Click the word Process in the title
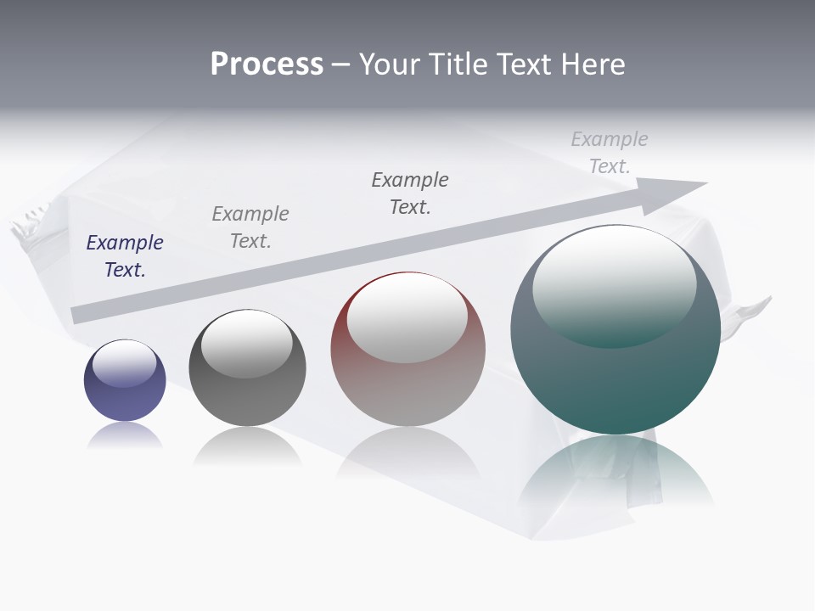click(x=267, y=64)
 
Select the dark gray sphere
click(x=247, y=399)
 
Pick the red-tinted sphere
click(x=407, y=390)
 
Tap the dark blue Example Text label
click(x=125, y=256)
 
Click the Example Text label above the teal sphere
click(x=610, y=153)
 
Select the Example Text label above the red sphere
click(x=410, y=193)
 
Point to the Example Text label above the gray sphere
click(x=250, y=227)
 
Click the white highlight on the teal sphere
click(x=614, y=284)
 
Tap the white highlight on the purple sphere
click(x=124, y=363)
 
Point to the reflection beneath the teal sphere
click(x=615, y=475)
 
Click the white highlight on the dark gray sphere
click(x=246, y=342)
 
